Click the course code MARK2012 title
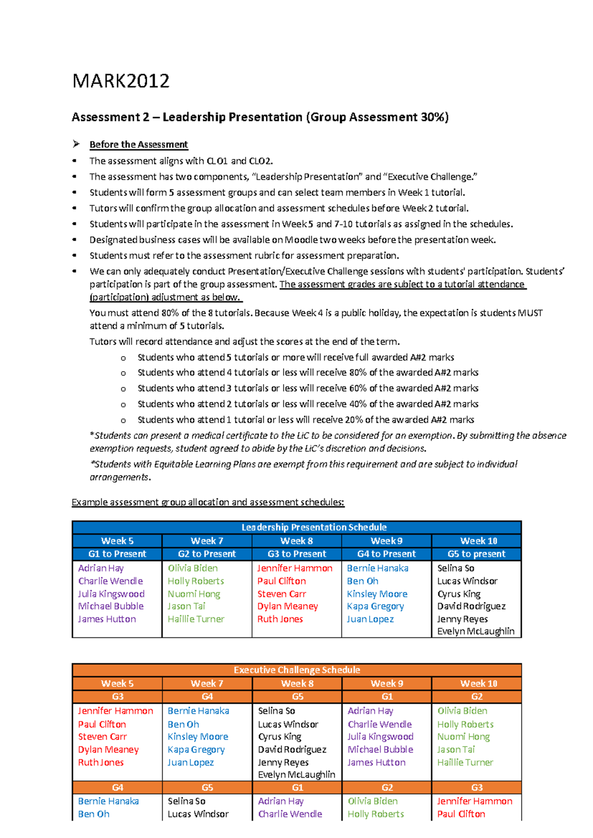pos(121,81)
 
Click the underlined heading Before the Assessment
pos(138,145)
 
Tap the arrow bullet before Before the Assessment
pos(76,144)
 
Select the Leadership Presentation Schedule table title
pos(314,527)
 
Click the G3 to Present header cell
pos(296,554)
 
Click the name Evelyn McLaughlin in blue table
pos(475,631)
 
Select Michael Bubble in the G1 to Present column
pos(111,606)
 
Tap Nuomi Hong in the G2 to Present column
pos(194,594)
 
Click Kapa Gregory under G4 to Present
pos(375,606)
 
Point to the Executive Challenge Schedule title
pos(296,670)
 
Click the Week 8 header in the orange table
pos(297,683)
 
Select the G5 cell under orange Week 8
pos(297,696)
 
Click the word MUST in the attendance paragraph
pos(530,313)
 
